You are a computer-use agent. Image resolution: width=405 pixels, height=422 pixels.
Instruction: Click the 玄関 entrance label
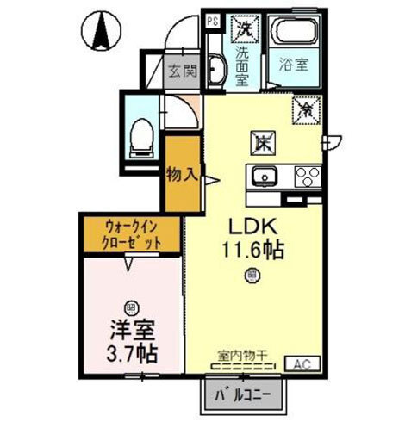click(x=182, y=71)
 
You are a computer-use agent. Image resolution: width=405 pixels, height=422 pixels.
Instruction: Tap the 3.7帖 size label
click(x=133, y=353)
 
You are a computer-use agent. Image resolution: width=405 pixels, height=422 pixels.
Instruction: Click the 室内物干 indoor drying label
click(x=243, y=352)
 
